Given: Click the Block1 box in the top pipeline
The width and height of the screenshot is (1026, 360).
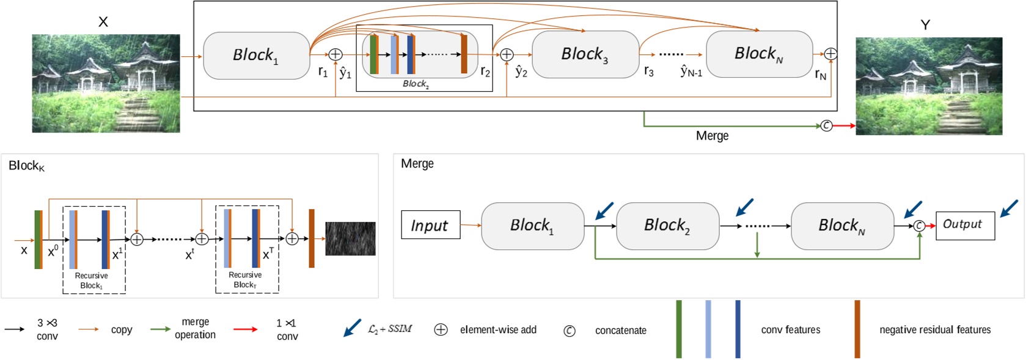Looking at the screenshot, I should (x=256, y=56).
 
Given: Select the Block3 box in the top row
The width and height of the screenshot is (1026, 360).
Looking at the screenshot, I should (x=585, y=54).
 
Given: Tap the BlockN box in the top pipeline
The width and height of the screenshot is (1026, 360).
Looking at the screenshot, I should (x=759, y=54).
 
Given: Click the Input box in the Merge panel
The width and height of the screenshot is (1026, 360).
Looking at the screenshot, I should (x=430, y=225).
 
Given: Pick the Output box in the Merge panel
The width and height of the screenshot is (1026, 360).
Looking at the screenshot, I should (x=964, y=224).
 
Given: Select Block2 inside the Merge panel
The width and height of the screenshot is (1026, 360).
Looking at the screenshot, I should (x=667, y=226).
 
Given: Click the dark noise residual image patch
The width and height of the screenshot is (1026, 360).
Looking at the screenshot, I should (x=350, y=238).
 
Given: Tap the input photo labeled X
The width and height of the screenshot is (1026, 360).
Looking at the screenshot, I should (x=106, y=83).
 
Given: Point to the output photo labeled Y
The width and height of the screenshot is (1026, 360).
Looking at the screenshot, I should (x=928, y=86).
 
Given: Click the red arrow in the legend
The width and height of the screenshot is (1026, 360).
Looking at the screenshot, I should (x=245, y=329).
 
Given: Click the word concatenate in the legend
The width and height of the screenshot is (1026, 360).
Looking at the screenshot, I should (x=620, y=331).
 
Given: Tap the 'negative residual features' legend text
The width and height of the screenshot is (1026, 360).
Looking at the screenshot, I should (x=934, y=330).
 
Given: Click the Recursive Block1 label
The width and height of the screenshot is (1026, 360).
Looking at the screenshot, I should (x=92, y=281).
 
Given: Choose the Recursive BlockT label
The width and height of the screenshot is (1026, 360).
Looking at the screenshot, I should (x=245, y=280).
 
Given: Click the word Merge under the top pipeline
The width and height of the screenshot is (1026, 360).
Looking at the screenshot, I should (x=712, y=136).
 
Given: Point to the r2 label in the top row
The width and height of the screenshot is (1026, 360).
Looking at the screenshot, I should (x=485, y=72).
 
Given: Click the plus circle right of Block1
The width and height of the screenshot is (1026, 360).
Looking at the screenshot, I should (x=335, y=54).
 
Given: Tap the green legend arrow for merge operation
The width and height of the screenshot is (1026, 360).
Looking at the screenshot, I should (x=160, y=329).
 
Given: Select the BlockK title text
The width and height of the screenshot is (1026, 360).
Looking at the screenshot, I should (x=26, y=166).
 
